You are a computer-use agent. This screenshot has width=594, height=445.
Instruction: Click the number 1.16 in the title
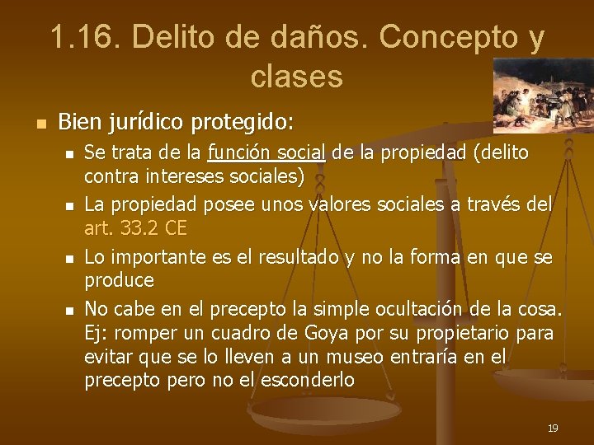(82, 37)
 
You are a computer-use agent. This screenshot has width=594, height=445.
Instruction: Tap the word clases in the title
(296, 77)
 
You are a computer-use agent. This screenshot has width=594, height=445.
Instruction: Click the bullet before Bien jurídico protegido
(38, 124)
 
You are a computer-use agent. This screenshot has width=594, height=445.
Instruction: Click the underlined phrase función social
(267, 152)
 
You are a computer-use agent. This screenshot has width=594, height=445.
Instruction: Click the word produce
(119, 280)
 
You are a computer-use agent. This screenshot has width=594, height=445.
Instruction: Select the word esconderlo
(308, 380)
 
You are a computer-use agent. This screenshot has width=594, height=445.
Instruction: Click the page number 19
(553, 428)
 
